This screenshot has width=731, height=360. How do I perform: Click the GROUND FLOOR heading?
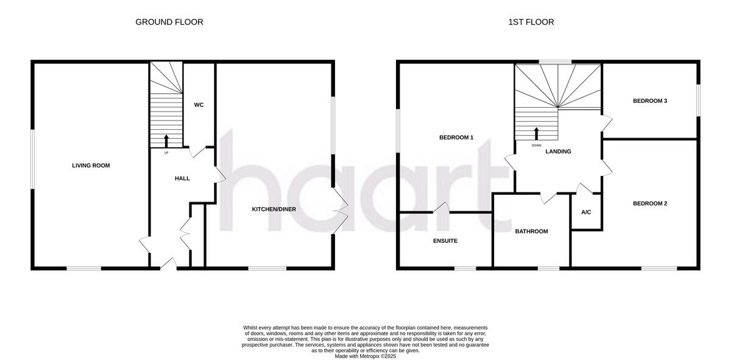click(169, 22)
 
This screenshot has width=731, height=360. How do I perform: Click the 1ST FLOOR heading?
click(531, 22)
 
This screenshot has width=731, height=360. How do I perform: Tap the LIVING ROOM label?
click(91, 166)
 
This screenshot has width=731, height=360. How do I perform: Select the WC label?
click(199, 105)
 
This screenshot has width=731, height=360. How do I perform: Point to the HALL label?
click(182, 178)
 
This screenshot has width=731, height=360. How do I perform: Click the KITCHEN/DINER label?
click(274, 210)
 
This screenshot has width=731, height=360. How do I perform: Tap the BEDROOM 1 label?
click(456, 138)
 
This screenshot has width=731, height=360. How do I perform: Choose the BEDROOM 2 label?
click(650, 203)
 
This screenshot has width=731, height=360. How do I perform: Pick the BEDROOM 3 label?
click(650, 101)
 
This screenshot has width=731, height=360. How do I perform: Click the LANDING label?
click(558, 152)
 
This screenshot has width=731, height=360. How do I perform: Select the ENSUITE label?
click(445, 241)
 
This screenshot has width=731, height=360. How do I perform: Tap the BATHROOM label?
click(531, 231)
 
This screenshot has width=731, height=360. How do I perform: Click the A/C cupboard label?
click(586, 213)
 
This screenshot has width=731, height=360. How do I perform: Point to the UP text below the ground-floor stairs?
click(166, 152)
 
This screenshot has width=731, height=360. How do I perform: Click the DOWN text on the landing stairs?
click(536, 146)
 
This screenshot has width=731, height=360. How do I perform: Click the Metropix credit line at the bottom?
click(365, 356)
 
